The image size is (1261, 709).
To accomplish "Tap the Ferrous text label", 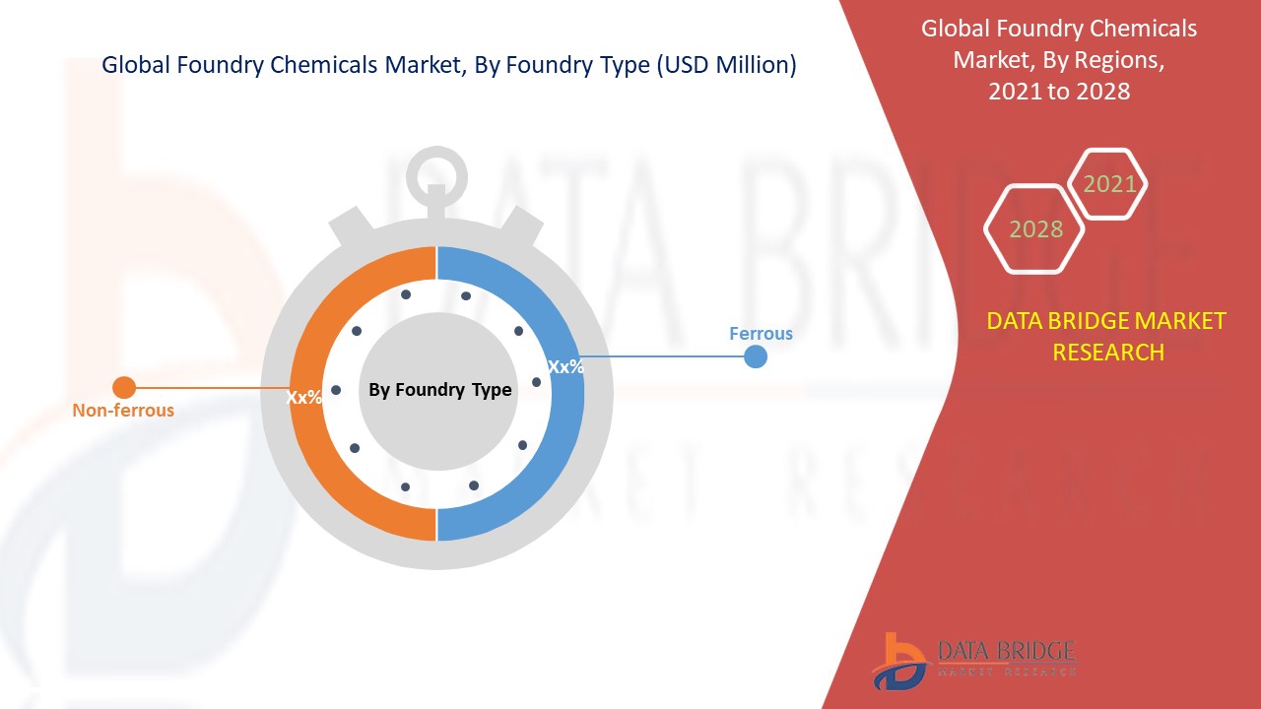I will (761, 334).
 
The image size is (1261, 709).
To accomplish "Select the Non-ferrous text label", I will (123, 411).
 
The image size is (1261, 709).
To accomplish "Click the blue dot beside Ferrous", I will (756, 356).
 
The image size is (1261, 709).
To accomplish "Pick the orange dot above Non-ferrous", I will (124, 388).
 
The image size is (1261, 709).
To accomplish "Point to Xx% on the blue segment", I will (566, 367).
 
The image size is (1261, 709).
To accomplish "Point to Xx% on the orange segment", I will (304, 398).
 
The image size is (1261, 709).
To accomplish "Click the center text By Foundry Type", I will (439, 390).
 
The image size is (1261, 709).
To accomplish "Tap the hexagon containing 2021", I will (1109, 184).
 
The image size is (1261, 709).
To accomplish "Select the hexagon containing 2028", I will (1035, 229).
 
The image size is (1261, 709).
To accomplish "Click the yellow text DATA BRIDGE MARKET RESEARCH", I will (1107, 336).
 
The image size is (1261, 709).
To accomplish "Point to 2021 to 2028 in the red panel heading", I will (1059, 92).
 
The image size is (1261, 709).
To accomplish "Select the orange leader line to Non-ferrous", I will (207, 388).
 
